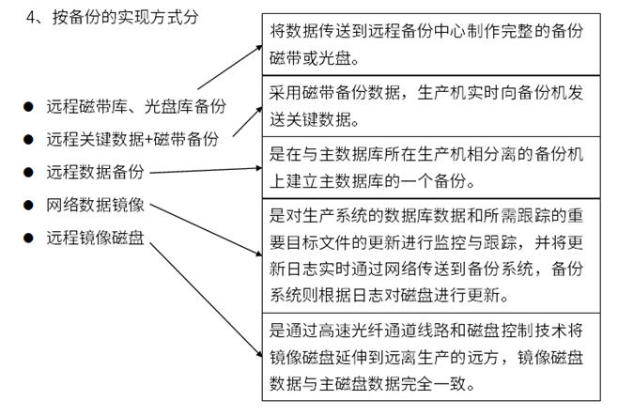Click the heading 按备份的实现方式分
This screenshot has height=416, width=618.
[x=125, y=17]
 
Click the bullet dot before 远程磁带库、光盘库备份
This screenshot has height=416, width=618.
[x=28, y=106]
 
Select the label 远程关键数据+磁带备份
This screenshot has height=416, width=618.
[x=132, y=139]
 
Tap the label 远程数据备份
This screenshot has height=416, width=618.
[x=96, y=172]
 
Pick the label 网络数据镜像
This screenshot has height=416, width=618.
[x=96, y=206]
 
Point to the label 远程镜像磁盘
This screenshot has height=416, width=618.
[x=96, y=238]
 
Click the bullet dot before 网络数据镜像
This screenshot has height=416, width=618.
[x=28, y=205]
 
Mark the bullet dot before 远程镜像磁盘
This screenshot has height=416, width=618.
[x=28, y=238]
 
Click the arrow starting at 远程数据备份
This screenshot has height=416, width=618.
[x=206, y=170]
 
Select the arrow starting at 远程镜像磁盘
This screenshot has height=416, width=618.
[x=206, y=300]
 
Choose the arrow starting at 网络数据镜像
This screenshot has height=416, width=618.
[x=206, y=230]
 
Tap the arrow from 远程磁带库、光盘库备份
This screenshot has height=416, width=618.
[x=230, y=68]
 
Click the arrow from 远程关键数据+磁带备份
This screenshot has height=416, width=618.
[x=248, y=122]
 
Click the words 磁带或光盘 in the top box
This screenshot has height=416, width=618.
[x=310, y=58]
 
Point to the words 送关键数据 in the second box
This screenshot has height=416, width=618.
[x=310, y=120]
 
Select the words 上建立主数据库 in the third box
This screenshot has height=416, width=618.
[x=327, y=181]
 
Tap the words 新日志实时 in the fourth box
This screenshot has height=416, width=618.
[x=310, y=270]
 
